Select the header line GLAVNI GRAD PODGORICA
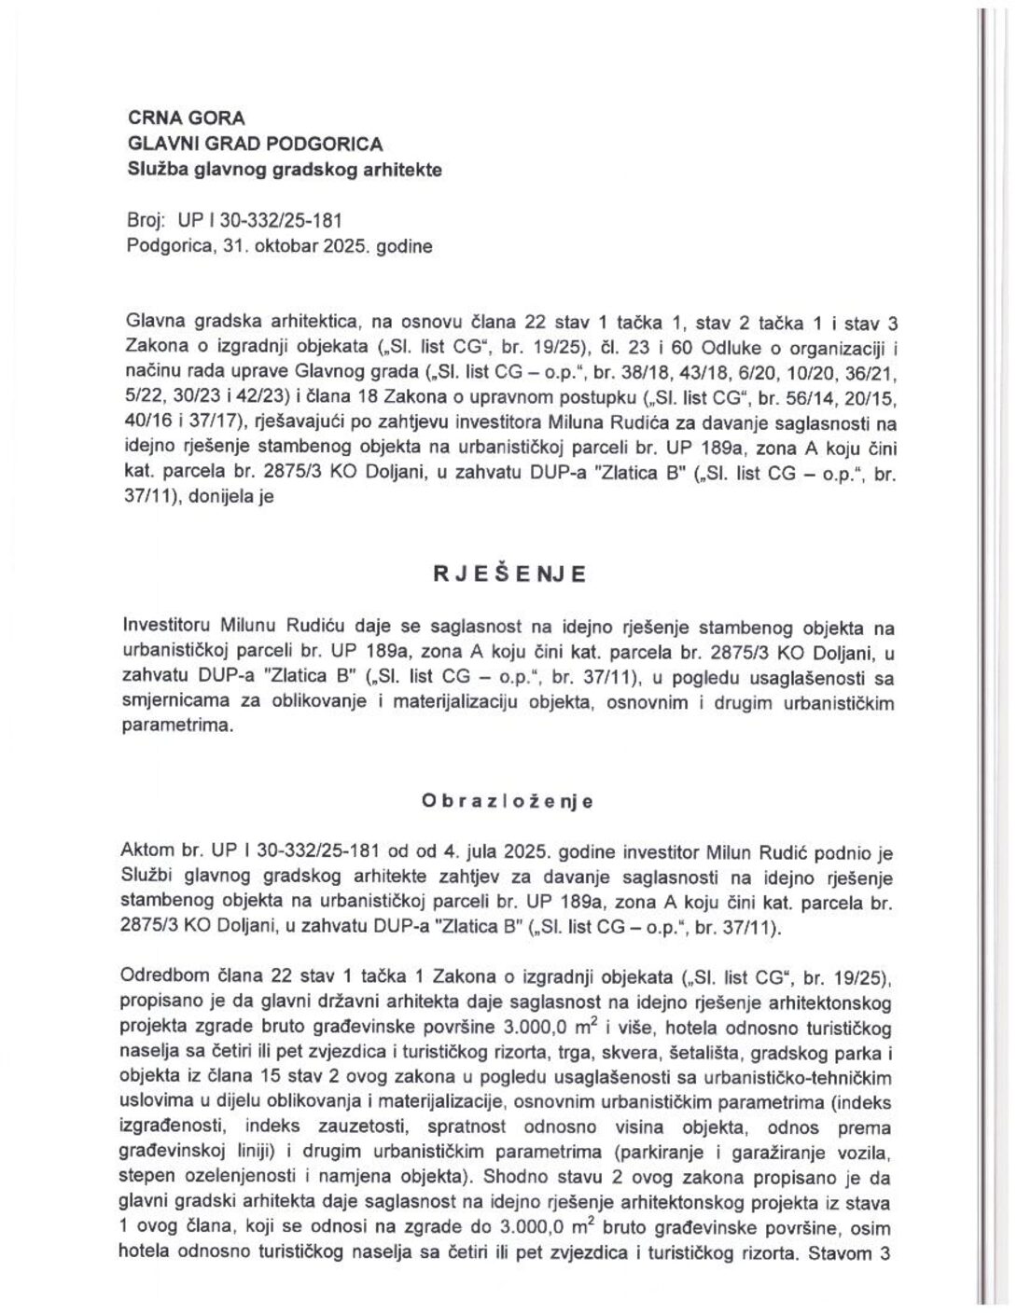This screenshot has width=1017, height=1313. click(x=254, y=145)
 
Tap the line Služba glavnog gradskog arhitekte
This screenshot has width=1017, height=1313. click(x=271, y=170)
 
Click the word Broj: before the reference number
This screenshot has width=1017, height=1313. click(x=145, y=221)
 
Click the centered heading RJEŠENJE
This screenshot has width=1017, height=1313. click(x=508, y=574)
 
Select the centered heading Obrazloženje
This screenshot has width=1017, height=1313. click(x=508, y=801)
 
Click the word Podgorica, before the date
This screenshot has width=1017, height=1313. click(x=164, y=246)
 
